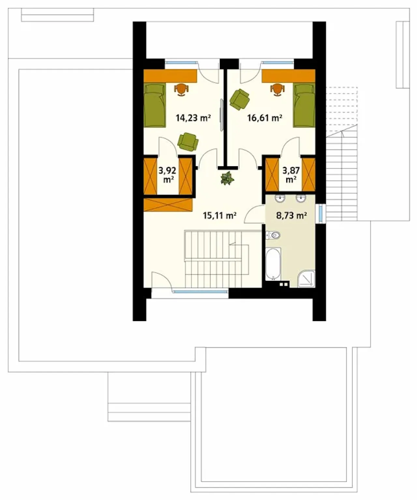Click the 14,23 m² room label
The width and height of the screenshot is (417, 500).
click(193, 118)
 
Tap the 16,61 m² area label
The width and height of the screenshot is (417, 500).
click(265, 118)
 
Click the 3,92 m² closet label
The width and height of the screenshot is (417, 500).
click(167, 175)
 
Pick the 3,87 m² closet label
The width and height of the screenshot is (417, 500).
click(291, 175)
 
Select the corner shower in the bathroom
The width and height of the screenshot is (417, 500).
click(306, 279)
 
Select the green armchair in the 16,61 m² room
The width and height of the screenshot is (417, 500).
click(239, 99)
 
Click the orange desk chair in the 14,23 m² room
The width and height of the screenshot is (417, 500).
click(181, 90)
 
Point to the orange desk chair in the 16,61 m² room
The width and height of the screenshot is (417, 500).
click(278, 90)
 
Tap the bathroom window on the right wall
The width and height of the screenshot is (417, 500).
click(321, 213)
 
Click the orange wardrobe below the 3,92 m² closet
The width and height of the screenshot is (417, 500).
click(168, 205)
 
